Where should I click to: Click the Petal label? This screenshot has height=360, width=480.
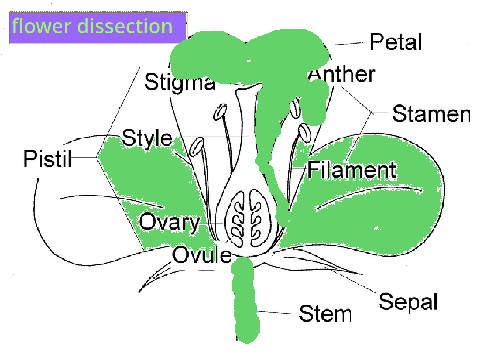pyautogui.click(x=396, y=42)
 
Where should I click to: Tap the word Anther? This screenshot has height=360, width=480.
pyautogui.click(x=342, y=74)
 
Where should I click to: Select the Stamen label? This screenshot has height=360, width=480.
pyautogui.click(x=431, y=114)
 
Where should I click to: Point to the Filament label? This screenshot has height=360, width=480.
pyautogui.click(x=352, y=170)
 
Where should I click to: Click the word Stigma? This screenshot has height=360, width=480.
pyautogui.click(x=180, y=82)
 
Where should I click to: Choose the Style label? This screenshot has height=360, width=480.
pyautogui.click(x=147, y=138)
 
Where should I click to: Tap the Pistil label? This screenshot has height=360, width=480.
pyautogui.click(x=48, y=158)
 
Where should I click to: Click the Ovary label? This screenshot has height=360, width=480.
pyautogui.click(x=170, y=222)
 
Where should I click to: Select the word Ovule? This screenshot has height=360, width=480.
pyautogui.click(x=202, y=255)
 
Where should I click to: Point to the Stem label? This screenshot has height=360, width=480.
pyautogui.click(x=325, y=314)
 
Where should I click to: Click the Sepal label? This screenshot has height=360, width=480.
pyautogui.click(x=408, y=302)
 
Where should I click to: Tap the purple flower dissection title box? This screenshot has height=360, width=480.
pyautogui.click(x=98, y=28)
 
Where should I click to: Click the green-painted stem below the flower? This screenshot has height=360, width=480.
pyautogui.click(x=246, y=300)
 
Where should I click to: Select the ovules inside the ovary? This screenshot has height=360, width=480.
pyautogui.click(x=246, y=218)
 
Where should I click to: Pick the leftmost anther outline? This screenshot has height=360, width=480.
pyautogui.click(x=196, y=147)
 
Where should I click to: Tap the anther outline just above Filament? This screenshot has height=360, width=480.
pyautogui.click(x=305, y=133)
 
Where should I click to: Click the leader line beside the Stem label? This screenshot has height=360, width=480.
pyautogui.click(x=275, y=313)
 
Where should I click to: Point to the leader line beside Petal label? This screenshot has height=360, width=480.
pyautogui.click(x=349, y=43)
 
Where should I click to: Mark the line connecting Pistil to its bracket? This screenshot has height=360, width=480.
pyautogui.click(x=84, y=157)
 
